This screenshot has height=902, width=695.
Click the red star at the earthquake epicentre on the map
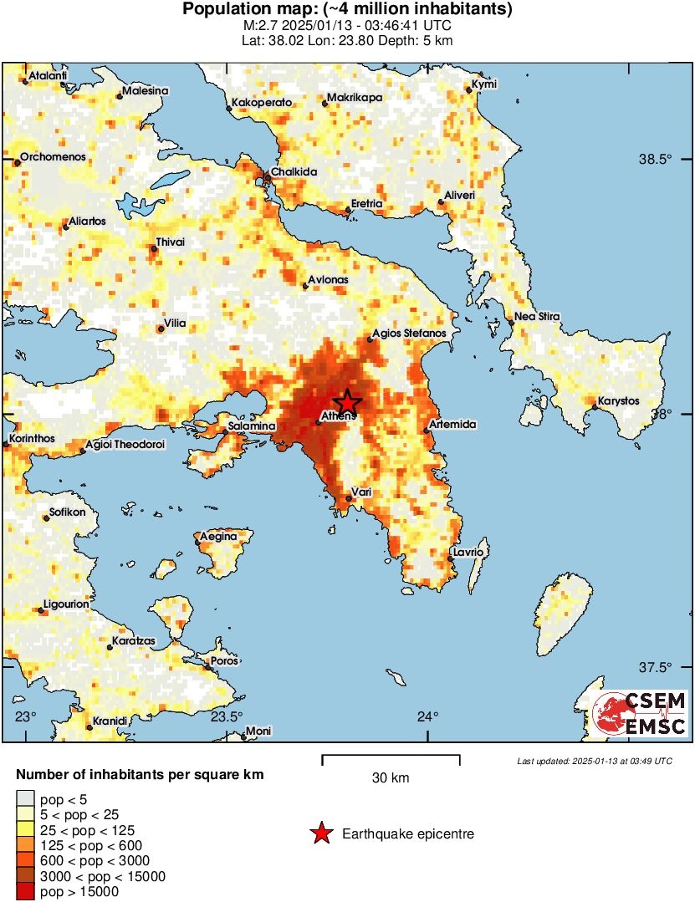tap(347, 403)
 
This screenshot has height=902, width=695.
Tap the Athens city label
tap(339, 415)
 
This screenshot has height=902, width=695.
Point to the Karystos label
tap(620, 401)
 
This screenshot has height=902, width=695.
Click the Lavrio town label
tap(468, 552)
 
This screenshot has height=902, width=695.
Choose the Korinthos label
tap(32, 438)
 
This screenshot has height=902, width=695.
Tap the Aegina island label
tap(221, 536)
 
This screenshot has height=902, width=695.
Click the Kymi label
tap(484, 84)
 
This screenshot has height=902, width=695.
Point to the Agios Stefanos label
tap(411, 333)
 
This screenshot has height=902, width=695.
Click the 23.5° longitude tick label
tap(226, 716)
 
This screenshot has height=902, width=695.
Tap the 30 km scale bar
tap(391, 759)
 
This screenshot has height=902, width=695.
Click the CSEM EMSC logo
tap(640, 713)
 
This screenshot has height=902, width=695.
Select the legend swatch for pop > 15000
tap(25, 892)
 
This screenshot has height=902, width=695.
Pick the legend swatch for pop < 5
tap(25, 800)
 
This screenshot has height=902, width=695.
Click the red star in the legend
tap(319, 833)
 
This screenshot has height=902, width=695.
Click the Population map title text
tap(347, 10)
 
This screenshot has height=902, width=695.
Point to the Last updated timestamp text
tap(594, 761)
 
